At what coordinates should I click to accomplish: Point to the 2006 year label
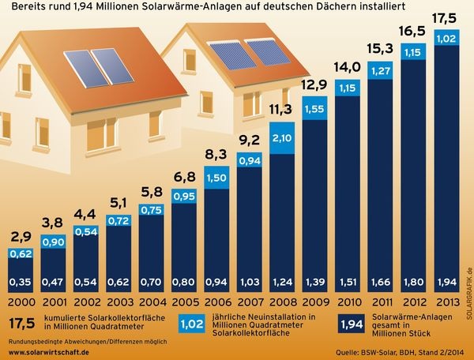[217, 302]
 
